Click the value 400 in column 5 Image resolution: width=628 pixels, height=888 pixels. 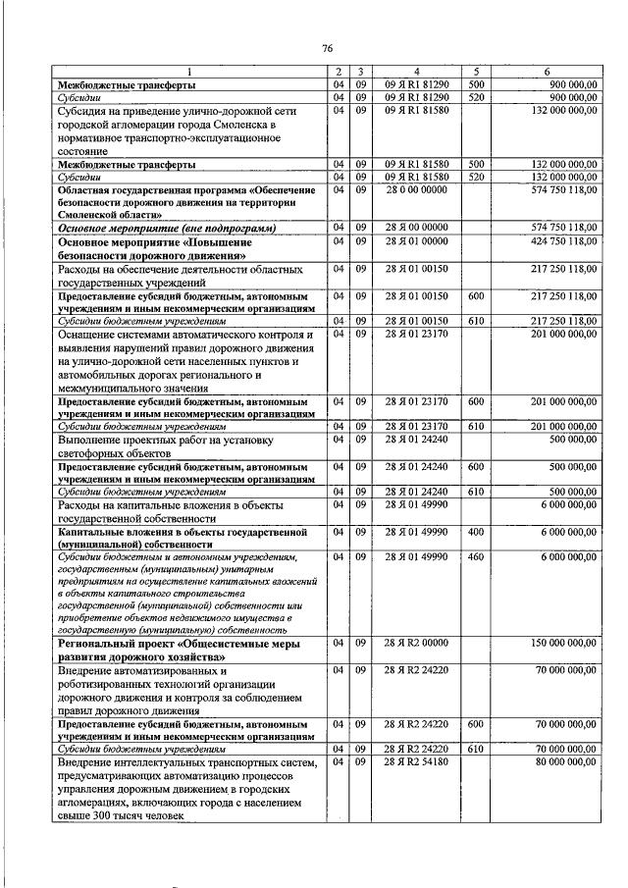[477, 531]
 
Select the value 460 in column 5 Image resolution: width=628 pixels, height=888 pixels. [477, 556]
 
